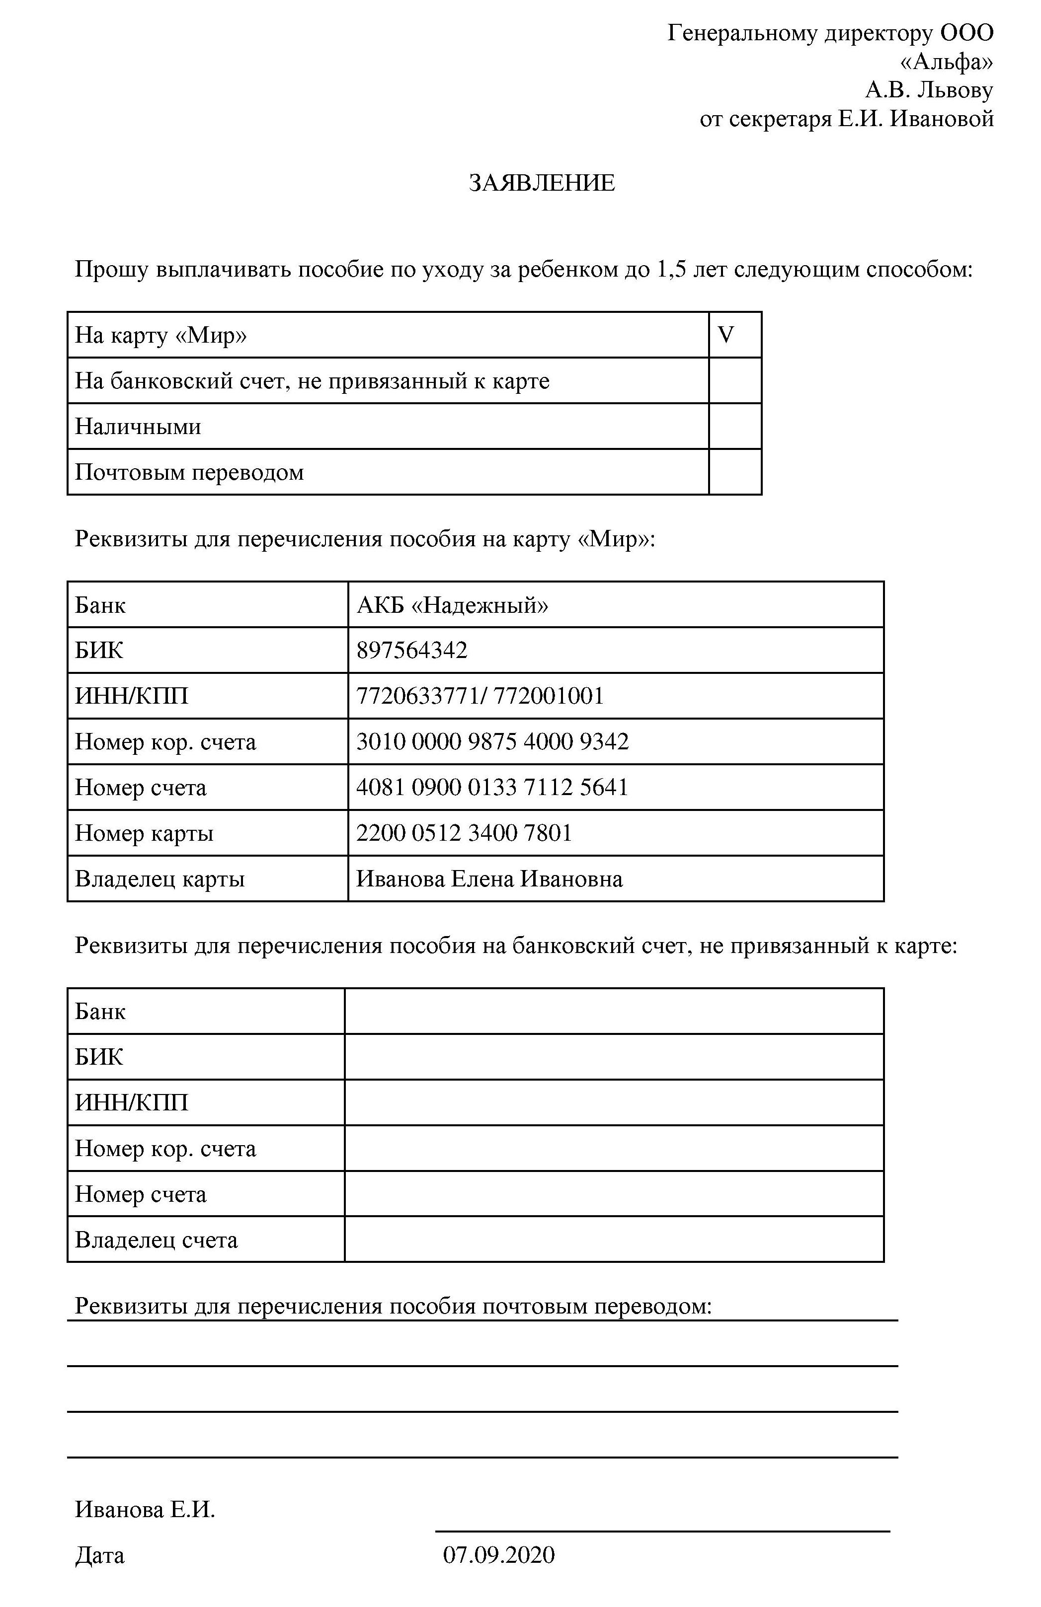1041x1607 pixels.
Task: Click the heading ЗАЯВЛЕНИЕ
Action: pos(542,183)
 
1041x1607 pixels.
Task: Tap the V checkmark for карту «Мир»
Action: pos(726,335)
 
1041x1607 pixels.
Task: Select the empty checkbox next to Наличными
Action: pos(735,427)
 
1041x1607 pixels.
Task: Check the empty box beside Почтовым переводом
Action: pos(735,472)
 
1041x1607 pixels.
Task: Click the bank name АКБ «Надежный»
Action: pos(452,605)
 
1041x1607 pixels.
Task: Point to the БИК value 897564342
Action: pos(411,650)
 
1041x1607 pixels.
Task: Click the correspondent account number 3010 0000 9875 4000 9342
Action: pos(492,741)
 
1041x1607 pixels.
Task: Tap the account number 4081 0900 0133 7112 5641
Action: pos(492,787)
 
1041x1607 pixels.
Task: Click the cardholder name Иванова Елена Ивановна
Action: pos(489,878)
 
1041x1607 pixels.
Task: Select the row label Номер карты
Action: pos(144,833)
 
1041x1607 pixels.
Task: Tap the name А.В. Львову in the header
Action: pos(929,90)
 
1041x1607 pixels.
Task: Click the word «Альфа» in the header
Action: pos(947,62)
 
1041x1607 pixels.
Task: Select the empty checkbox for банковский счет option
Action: pos(735,381)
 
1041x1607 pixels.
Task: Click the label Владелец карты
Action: pos(160,879)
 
